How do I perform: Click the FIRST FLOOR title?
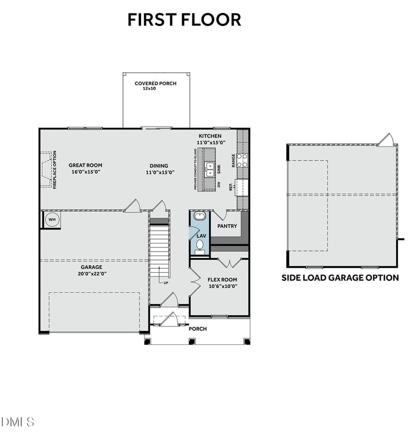[x=184, y=20]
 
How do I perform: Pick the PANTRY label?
[x=227, y=226]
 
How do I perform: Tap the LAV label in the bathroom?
[x=201, y=236]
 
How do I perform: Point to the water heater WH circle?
[x=52, y=219]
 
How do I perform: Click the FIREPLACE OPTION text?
[x=55, y=170]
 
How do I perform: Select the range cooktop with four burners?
[x=243, y=160]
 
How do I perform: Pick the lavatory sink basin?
[x=199, y=216]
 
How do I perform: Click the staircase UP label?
[x=166, y=283]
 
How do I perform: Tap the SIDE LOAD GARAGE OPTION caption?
[x=340, y=278]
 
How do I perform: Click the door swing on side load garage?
[x=386, y=139]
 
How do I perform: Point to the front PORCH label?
[x=197, y=329]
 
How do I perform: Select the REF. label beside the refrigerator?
[x=231, y=186]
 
